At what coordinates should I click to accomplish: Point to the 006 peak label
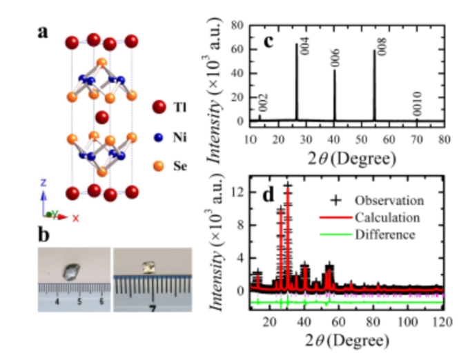point(335,58)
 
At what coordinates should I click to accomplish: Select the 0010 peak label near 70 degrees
point(417,108)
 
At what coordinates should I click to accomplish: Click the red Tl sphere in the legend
point(159,107)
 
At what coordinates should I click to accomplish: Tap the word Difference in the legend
point(384,234)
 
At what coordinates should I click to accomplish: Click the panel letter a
point(43,32)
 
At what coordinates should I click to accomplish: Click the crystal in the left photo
point(71,270)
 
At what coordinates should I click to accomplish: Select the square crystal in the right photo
point(146,266)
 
